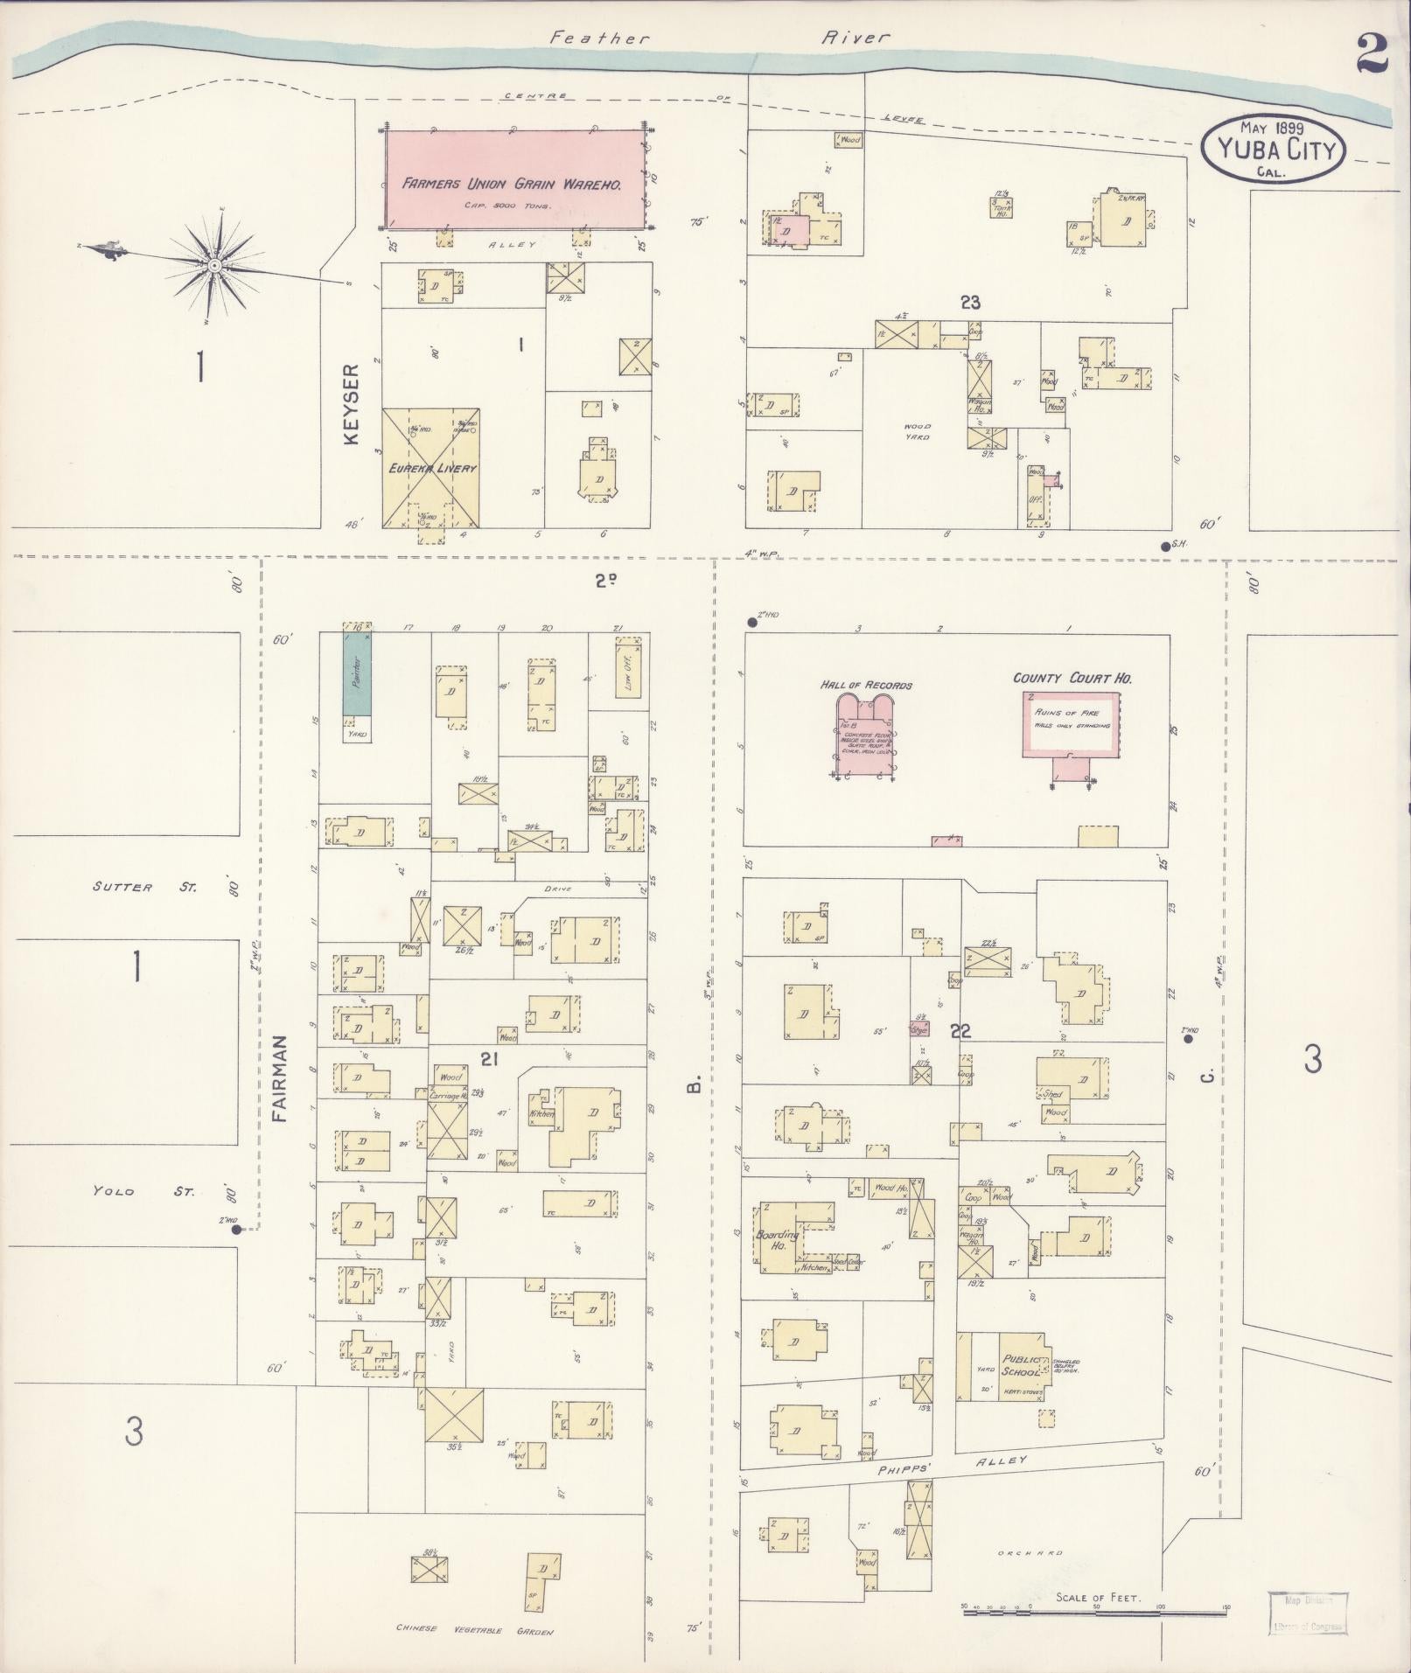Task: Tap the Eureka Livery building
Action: (432, 468)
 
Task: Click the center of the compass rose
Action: (214, 263)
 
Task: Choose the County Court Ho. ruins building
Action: (1071, 724)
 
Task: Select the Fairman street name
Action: (279, 1078)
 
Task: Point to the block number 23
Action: (969, 303)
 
